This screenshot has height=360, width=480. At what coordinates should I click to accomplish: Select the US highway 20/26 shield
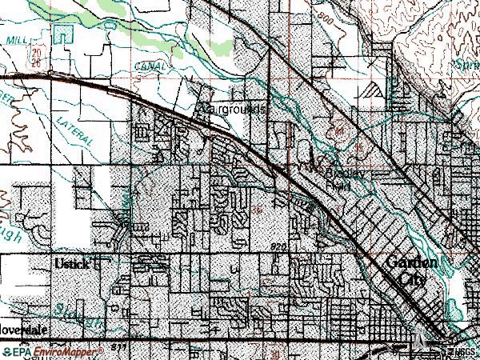36,56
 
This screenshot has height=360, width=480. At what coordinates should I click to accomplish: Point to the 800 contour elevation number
325,37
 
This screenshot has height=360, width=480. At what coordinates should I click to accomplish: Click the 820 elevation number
278,246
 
